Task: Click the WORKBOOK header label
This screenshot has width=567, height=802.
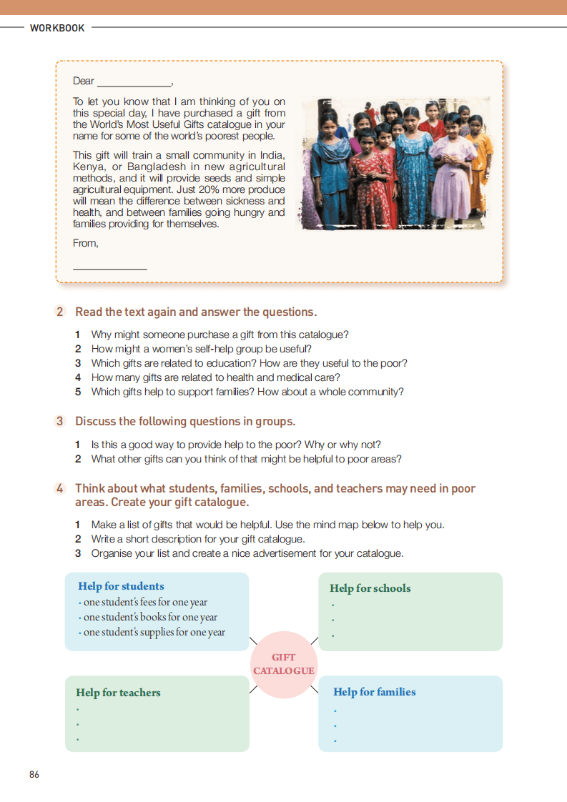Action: pos(57,28)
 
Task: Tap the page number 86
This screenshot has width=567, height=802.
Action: pos(34,775)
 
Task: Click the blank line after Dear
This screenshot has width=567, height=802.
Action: pos(134,82)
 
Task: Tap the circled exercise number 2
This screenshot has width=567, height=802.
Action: pos(61,312)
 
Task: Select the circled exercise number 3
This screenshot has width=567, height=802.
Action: pos(61,421)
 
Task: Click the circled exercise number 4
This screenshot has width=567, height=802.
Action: pos(61,488)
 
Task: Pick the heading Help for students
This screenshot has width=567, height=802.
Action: pos(121,586)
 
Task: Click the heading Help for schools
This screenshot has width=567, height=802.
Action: pos(370,588)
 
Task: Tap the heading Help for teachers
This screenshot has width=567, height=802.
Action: pos(118,692)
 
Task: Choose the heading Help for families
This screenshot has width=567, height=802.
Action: pos(374,692)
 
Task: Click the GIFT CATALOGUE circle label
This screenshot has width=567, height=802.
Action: pos(283,664)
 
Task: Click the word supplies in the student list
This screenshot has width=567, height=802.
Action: pos(151,632)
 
